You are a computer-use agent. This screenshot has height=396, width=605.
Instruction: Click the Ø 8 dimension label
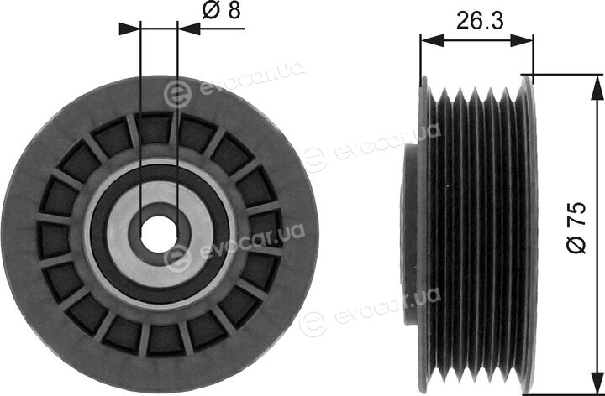coord(222,11)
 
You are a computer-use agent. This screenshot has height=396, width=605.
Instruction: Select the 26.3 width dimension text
coord(480,20)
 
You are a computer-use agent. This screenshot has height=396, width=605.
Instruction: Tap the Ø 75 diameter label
coord(576,227)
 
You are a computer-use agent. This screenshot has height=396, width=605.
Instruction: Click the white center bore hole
coord(159,234)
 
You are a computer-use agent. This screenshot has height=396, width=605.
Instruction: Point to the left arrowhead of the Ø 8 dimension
coord(129,29)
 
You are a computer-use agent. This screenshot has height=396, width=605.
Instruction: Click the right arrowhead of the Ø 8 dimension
coord(189,29)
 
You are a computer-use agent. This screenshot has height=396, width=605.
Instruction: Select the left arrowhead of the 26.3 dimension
coord(432,40)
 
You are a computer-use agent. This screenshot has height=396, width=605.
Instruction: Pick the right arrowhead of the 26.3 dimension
coord(522,40)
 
